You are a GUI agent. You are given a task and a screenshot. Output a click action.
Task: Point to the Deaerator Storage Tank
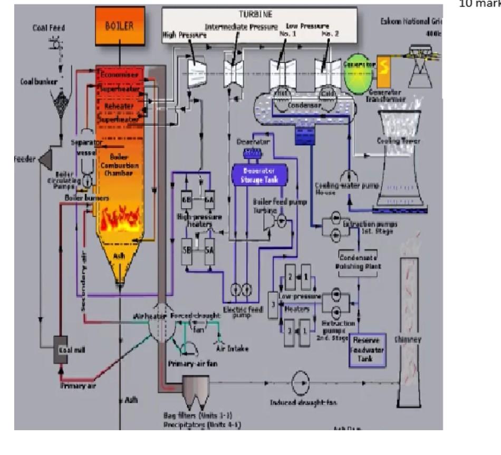[260, 174]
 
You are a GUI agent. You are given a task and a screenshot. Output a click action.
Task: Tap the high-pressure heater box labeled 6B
[186, 199]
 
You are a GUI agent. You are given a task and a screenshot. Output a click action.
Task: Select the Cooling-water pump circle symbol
[347, 176]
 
